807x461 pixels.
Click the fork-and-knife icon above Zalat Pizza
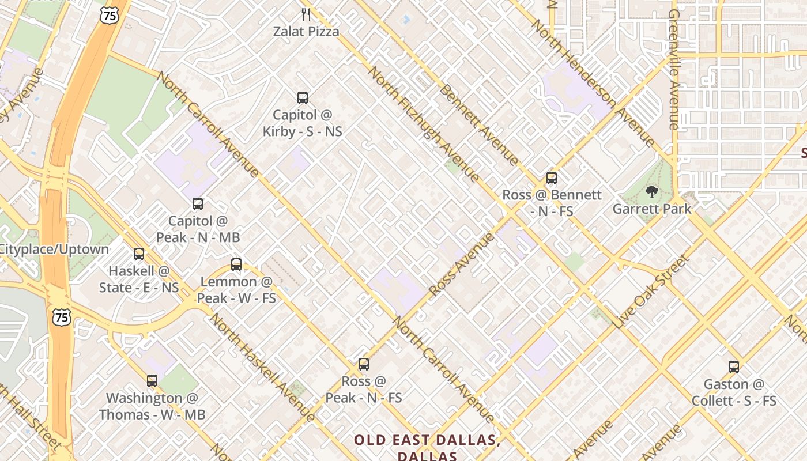(x=306, y=14)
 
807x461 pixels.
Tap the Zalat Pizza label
(x=306, y=31)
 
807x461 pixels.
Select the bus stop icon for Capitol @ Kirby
(x=303, y=98)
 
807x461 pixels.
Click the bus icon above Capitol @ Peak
(x=198, y=204)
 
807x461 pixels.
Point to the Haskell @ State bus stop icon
(x=139, y=254)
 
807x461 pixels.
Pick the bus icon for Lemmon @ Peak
(x=236, y=264)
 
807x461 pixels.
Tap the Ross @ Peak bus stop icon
(x=364, y=364)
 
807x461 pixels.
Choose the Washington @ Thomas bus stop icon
(x=152, y=381)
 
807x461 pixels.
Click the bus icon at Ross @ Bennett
(x=552, y=178)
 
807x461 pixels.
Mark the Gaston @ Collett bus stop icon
(x=734, y=367)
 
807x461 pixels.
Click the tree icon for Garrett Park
(x=652, y=192)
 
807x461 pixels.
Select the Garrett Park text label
(x=652, y=209)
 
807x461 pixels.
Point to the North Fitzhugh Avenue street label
(x=424, y=124)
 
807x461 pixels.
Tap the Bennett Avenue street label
(x=479, y=124)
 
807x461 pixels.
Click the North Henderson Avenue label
(x=594, y=83)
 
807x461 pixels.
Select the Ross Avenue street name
(x=462, y=264)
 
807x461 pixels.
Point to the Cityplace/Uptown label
(x=55, y=250)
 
